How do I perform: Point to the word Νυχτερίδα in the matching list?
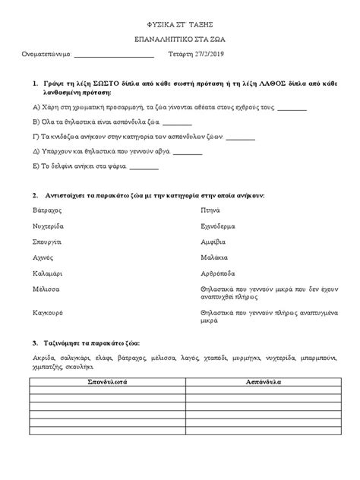(49, 226)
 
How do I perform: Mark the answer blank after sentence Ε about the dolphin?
(144, 167)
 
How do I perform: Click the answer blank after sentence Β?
(178, 122)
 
